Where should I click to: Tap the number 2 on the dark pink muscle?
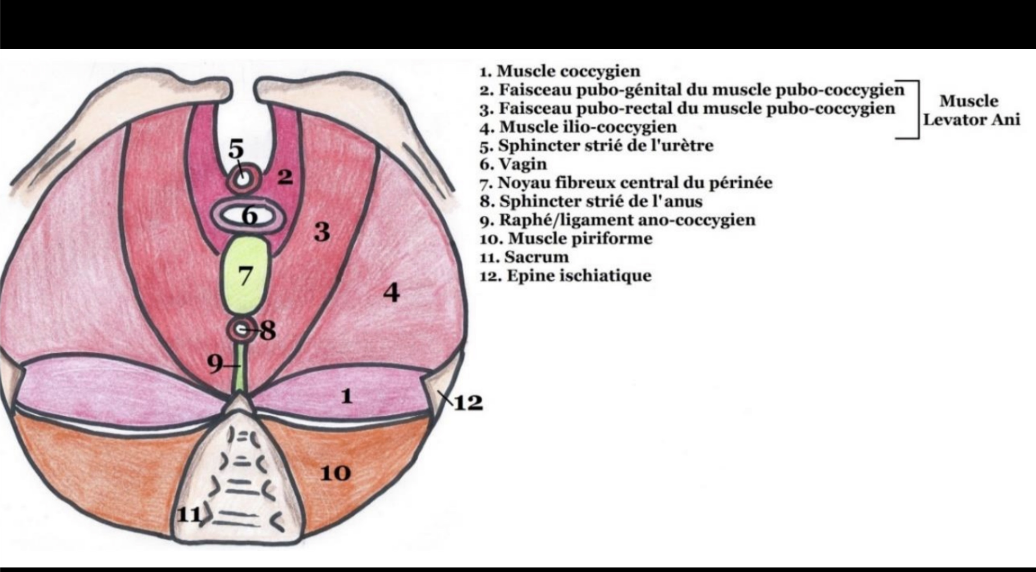[285, 177]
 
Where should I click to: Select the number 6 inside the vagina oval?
[250, 217]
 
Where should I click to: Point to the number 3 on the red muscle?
[322, 232]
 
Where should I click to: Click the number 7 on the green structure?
[245, 276]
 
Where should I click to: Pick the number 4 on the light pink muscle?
[392, 293]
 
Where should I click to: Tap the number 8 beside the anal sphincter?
[267, 331]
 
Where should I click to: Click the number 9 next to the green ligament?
[214, 364]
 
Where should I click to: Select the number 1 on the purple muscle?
[346, 397]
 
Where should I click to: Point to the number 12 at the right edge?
[469, 403]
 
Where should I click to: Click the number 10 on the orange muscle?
[335, 473]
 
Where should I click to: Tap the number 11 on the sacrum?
[189, 515]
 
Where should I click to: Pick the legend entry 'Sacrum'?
[525, 257]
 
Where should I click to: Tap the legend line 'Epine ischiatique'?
[565, 276]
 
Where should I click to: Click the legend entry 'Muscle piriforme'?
[566, 239]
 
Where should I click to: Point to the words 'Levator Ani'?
[972, 120]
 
